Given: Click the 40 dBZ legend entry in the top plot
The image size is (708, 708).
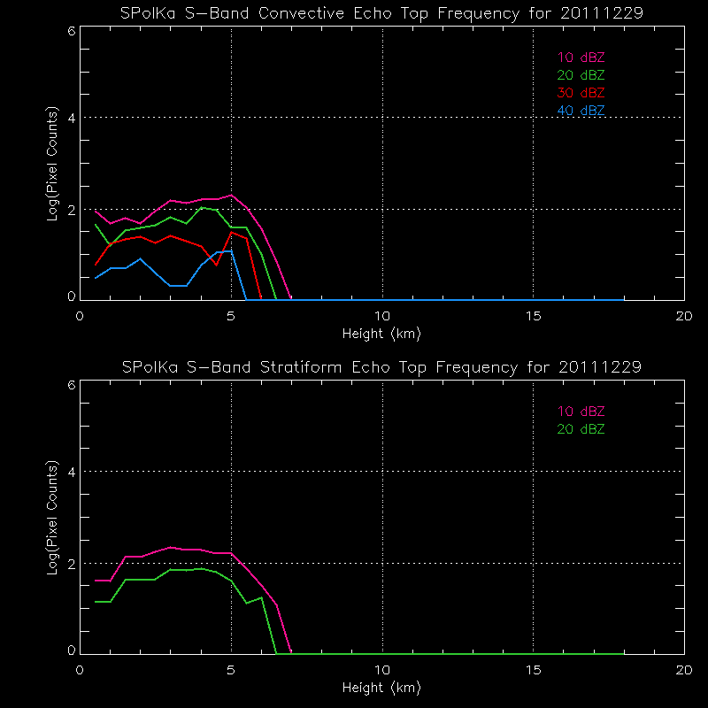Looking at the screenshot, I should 581,111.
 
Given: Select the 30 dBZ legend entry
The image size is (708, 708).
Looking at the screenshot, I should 581,93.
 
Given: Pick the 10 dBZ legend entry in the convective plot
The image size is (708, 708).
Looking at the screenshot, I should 581,58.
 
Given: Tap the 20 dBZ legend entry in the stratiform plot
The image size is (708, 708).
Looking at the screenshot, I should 581,429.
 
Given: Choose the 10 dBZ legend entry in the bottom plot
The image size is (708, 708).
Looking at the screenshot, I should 581,412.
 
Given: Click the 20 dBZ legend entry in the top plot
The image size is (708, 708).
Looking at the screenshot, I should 581,75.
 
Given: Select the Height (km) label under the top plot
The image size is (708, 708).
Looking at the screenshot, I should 381,334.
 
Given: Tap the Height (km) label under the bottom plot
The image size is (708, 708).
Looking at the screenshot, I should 381,688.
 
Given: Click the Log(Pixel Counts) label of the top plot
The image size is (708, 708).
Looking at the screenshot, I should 54,165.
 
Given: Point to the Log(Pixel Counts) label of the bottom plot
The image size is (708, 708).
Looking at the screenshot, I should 54,519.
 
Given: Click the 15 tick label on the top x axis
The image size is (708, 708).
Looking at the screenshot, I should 533,316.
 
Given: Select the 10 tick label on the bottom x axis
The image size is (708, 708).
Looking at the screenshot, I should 382,670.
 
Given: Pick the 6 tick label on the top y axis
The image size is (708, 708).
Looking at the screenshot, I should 71,31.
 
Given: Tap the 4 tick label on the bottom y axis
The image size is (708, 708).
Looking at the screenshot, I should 71,472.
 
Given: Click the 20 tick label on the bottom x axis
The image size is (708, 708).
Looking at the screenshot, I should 684,670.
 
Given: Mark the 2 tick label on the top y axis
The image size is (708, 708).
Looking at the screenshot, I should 71,210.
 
